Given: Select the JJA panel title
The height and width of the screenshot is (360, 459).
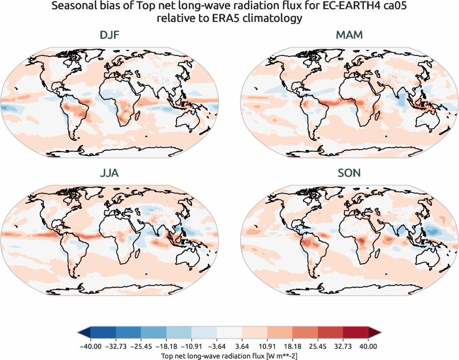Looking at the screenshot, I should click(x=109, y=173).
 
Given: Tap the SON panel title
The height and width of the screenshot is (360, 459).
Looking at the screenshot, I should click(x=349, y=173).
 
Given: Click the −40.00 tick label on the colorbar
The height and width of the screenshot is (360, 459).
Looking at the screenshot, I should click(x=91, y=346).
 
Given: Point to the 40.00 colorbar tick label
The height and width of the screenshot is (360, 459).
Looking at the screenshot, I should click(x=368, y=346).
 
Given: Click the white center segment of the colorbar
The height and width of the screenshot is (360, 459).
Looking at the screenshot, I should click(x=230, y=333).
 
